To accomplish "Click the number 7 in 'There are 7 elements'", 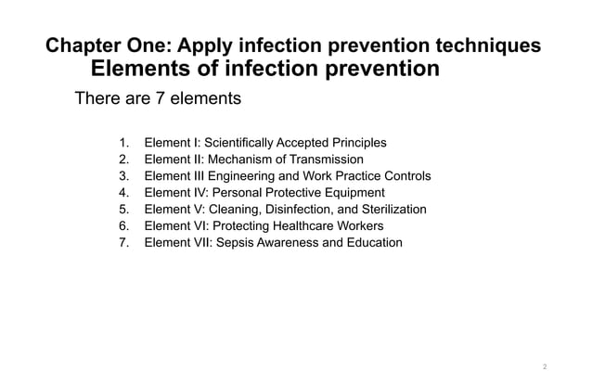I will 161,97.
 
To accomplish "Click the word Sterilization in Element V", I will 389,210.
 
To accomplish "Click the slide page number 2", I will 545,366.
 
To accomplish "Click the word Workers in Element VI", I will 359,226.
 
